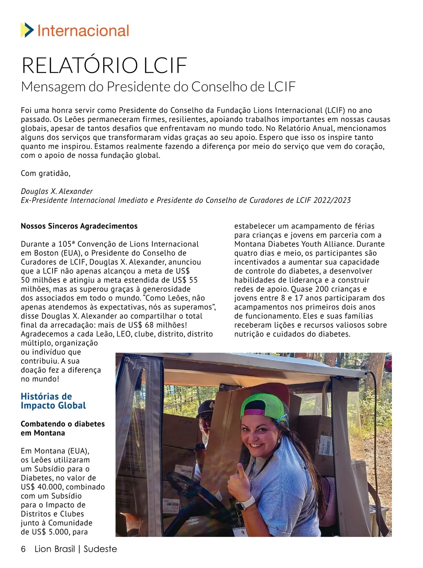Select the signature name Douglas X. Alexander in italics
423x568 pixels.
(x=57, y=191)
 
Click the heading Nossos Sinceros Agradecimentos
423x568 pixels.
(x=79, y=226)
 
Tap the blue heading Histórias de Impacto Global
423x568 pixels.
(x=53, y=401)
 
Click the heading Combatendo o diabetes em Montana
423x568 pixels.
(x=62, y=428)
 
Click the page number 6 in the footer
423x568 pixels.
(x=23, y=549)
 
